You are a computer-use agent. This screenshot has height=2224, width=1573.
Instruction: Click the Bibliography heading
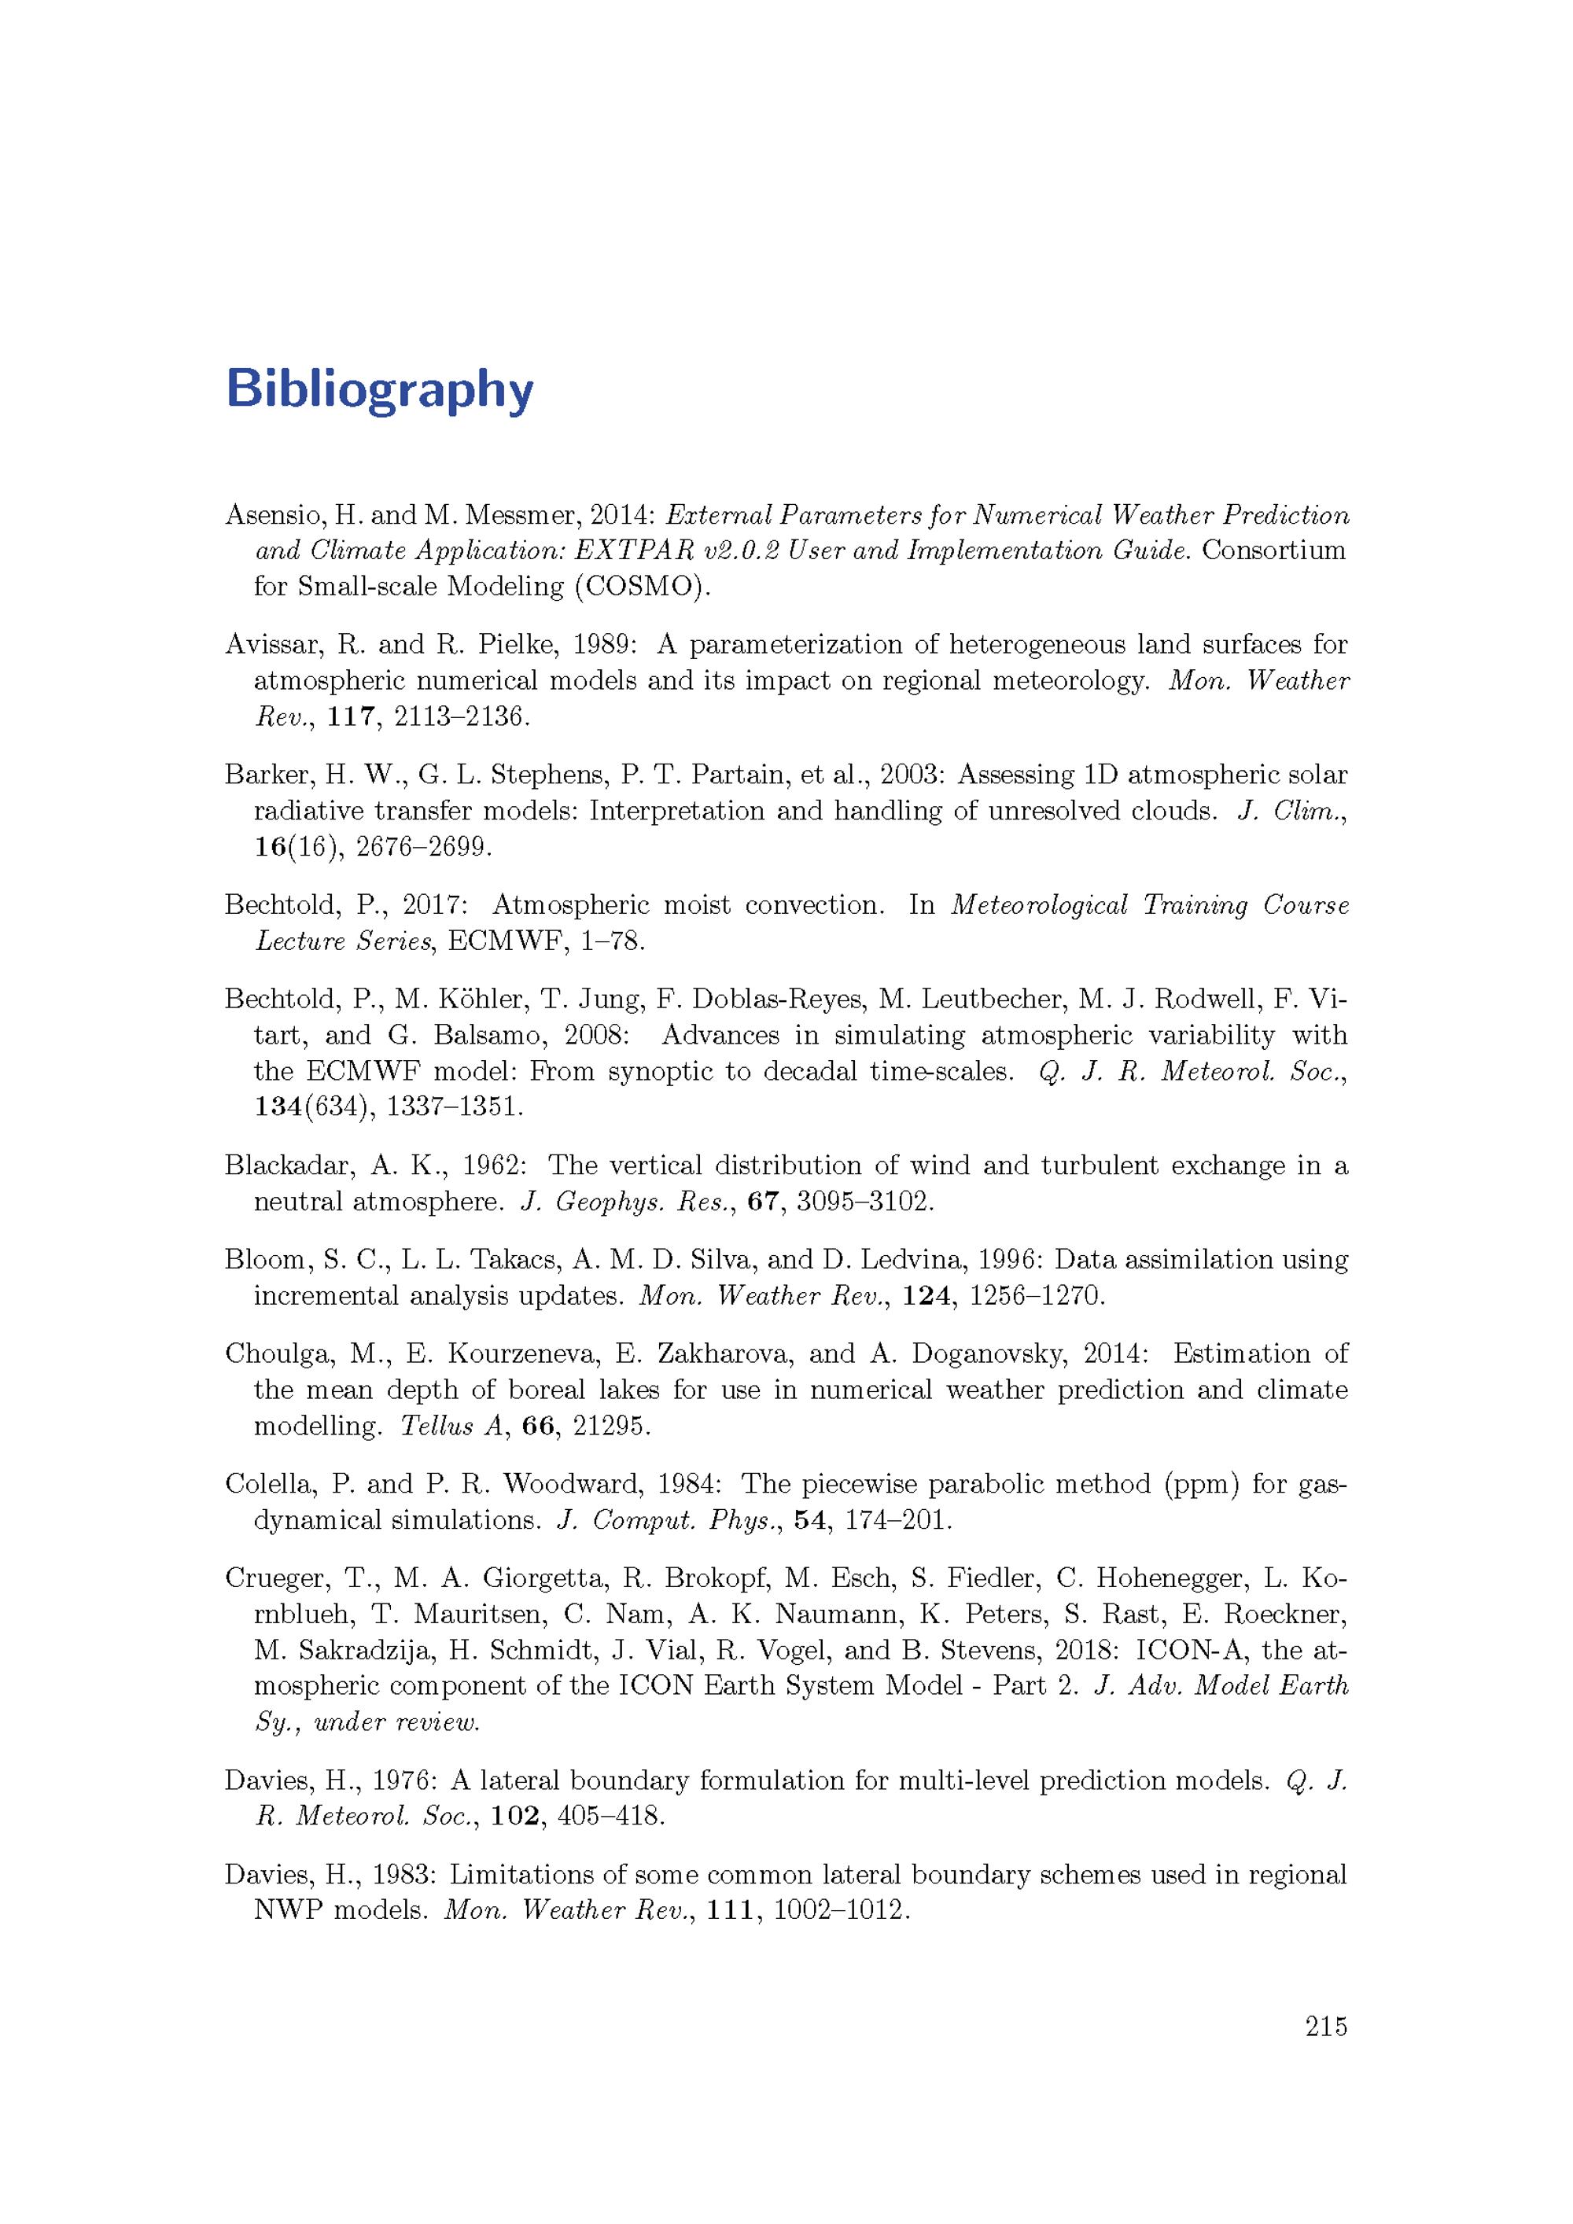(x=379, y=389)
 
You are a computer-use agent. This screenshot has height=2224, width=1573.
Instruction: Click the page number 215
(x=1326, y=2026)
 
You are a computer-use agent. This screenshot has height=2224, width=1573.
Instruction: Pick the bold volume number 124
(x=924, y=1295)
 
